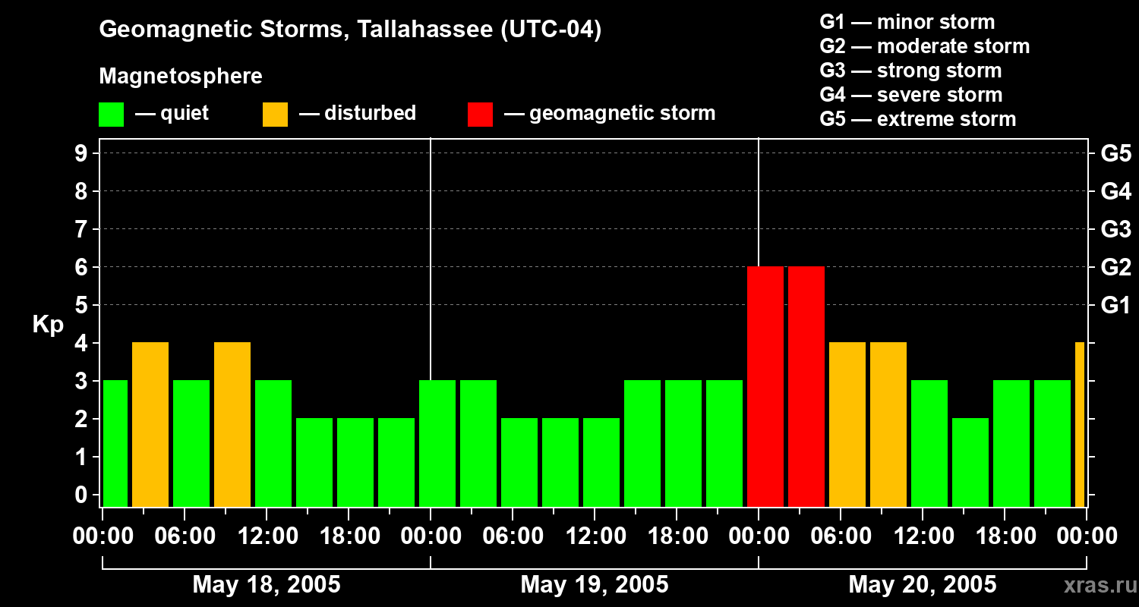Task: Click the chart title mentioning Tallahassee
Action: (350, 30)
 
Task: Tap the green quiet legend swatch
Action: (111, 115)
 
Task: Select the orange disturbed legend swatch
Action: (275, 115)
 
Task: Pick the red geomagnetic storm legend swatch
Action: (480, 115)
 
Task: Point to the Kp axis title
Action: (48, 325)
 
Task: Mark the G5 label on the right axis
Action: (1115, 153)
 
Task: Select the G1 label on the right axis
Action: (1115, 306)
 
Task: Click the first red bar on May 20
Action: (765, 387)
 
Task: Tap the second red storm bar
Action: (806, 387)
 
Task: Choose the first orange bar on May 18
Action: (150, 425)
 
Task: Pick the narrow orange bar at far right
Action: (1080, 425)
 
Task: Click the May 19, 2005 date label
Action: (595, 585)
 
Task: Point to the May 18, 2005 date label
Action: (267, 585)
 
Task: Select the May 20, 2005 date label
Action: (922, 585)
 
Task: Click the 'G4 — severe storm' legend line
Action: (910, 95)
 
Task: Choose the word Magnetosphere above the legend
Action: (181, 77)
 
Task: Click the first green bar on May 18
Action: (115, 444)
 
